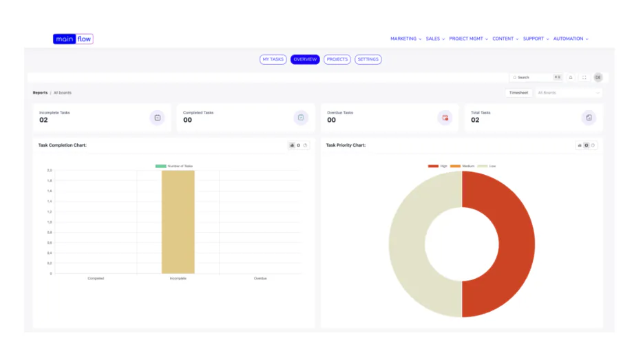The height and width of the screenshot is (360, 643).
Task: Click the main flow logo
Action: click(x=73, y=39)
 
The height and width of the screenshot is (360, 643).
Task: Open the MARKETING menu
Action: click(x=405, y=39)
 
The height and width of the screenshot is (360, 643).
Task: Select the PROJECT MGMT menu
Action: click(x=467, y=39)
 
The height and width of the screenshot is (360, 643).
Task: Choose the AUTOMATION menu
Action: click(x=571, y=39)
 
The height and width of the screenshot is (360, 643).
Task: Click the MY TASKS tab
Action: click(x=273, y=60)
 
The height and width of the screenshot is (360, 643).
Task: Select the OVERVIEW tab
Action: click(x=305, y=60)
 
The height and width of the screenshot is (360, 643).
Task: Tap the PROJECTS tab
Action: click(x=337, y=60)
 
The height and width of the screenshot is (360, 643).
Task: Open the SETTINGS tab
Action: click(x=368, y=60)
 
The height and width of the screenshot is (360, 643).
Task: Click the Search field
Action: click(x=534, y=78)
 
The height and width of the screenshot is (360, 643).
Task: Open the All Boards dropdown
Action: click(x=569, y=93)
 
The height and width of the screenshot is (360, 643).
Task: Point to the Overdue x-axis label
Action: click(x=260, y=279)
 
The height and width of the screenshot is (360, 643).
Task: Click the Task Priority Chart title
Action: click(x=346, y=145)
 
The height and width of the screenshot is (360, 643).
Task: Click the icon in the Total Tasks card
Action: click(x=589, y=118)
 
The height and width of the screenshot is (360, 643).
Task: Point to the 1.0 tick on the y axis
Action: click(x=50, y=222)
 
